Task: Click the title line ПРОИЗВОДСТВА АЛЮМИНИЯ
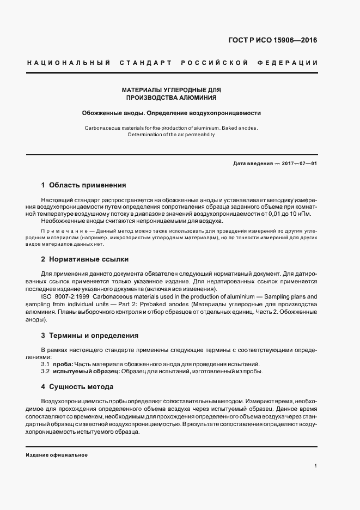click(x=172, y=98)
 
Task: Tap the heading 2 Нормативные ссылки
click(x=85, y=259)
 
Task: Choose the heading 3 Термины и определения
click(x=90, y=335)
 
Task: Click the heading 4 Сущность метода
click(x=77, y=386)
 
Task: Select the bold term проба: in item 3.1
click(x=62, y=364)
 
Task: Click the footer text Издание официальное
click(x=57, y=454)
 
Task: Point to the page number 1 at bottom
click(x=315, y=466)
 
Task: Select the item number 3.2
click(x=45, y=372)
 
